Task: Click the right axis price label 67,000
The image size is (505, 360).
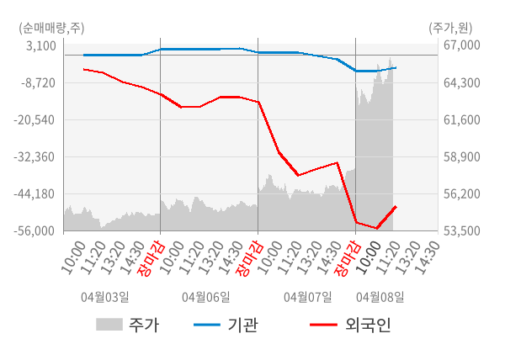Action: point(461,45)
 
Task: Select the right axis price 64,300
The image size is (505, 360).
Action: point(461,82)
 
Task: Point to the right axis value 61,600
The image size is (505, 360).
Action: point(461,119)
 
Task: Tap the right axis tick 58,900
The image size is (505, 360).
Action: point(461,156)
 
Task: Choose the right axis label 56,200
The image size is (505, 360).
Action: point(461,193)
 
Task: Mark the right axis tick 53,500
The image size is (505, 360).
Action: point(461,230)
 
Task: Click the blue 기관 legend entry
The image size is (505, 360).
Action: point(224,326)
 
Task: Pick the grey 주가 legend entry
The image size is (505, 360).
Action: point(126,326)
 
